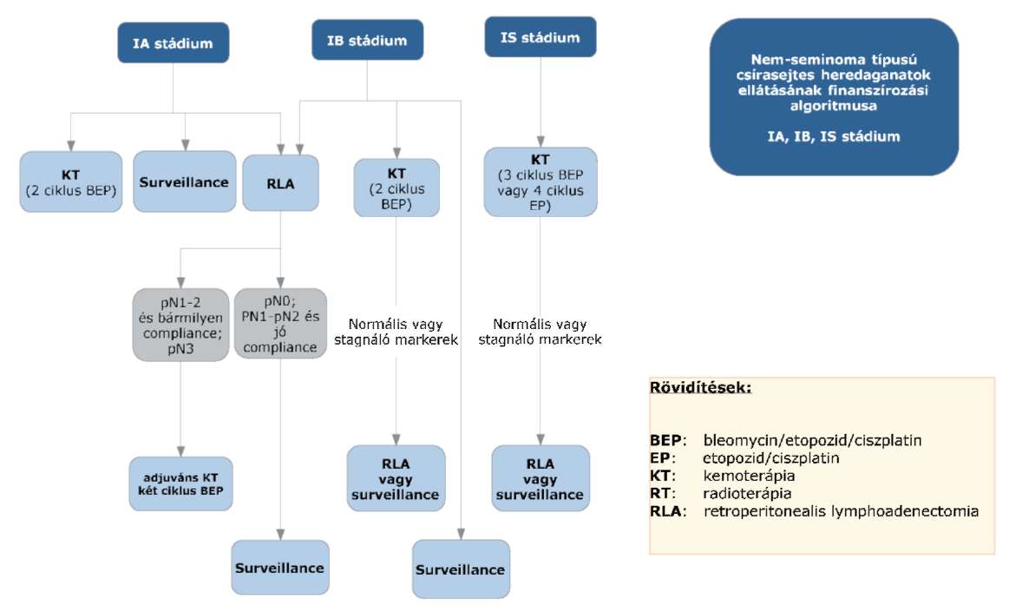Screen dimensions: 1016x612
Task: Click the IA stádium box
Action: point(173,43)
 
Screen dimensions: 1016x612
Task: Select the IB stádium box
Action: point(367,40)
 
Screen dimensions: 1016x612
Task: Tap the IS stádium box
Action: point(541,37)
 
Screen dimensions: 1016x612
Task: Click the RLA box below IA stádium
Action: point(280,183)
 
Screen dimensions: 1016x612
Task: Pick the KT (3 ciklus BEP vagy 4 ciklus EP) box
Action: point(541,182)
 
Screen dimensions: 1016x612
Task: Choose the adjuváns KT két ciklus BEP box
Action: point(180,484)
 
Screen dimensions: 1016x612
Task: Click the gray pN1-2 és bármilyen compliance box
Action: point(180,325)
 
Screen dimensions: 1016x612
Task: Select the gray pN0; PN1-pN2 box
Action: point(280,324)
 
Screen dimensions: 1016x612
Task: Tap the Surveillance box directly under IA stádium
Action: point(185,181)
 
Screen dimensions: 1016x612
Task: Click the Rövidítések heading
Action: point(700,388)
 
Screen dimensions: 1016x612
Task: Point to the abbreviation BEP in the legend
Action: point(665,440)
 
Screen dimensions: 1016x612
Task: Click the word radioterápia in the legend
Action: point(747,493)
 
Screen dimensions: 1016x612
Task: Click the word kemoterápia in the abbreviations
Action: point(749,476)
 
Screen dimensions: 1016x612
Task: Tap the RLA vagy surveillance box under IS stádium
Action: point(541,478)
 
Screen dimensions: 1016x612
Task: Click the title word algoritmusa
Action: point(833,105)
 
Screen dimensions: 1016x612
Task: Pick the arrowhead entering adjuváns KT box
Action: point(180,451)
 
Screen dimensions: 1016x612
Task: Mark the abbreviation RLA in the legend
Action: point(665,510)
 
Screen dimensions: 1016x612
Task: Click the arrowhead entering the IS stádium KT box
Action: point(541,142)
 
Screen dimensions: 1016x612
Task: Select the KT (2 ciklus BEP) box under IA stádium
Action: point(70,182)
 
